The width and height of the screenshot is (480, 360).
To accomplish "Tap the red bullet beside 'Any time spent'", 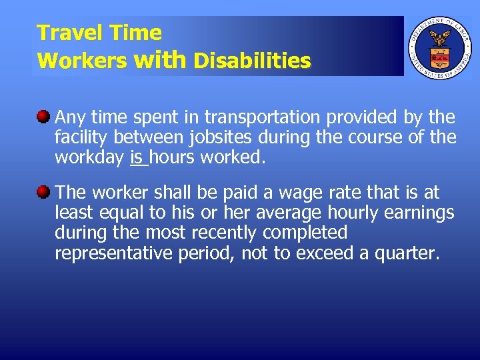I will coord(44,118).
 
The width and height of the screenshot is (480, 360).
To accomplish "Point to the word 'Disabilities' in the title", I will coord(252,61).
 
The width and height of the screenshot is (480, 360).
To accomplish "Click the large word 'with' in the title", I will coord(160,60).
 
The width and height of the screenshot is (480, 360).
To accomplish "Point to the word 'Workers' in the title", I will coord(82,61).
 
